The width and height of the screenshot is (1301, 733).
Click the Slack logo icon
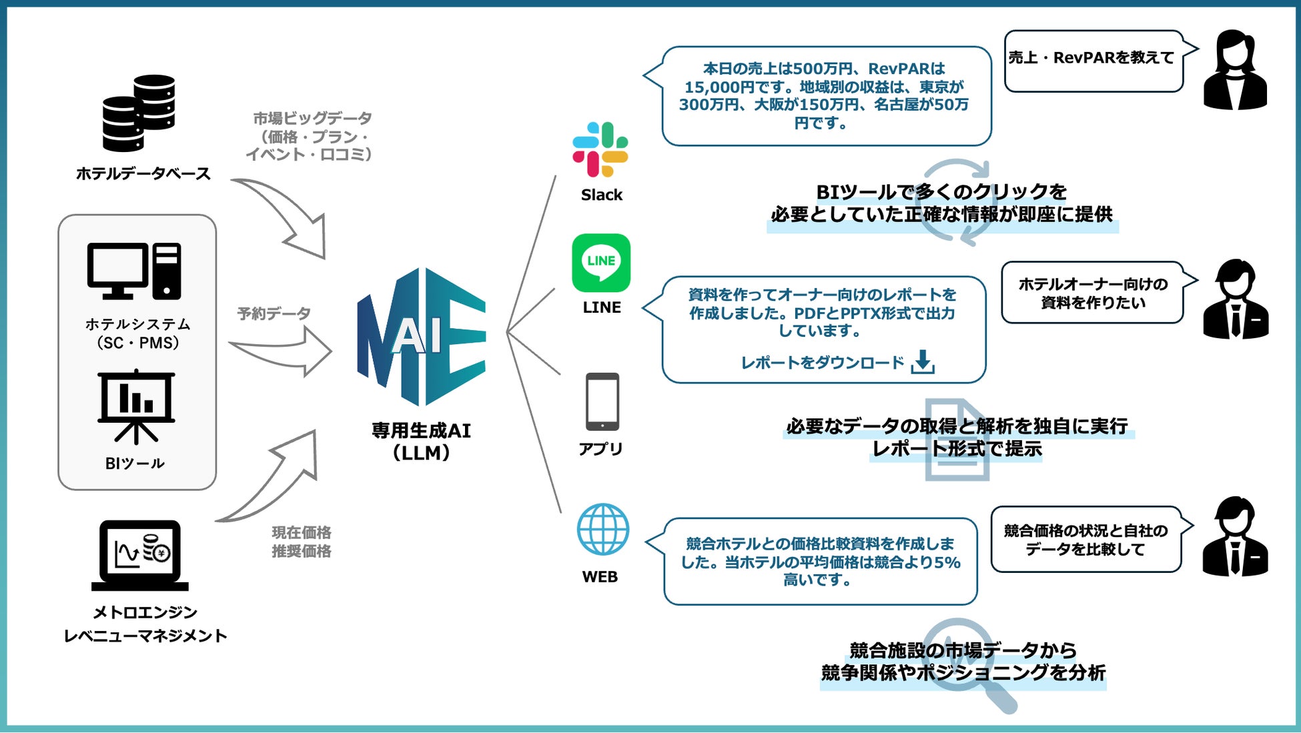600,149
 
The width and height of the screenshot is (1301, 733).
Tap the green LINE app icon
600,262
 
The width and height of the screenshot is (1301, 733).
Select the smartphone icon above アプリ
602,402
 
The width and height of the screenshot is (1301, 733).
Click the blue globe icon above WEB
602,529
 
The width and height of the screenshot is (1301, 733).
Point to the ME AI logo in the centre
421,336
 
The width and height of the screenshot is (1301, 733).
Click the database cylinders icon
139,113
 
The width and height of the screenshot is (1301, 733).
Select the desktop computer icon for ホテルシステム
134,271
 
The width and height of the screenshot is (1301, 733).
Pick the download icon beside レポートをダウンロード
923,361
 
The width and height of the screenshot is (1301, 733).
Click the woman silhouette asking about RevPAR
1235,70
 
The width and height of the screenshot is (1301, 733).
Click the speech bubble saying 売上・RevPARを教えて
1093,60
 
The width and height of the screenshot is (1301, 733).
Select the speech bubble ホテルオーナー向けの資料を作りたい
1092,293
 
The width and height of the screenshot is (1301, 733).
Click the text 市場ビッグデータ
312,119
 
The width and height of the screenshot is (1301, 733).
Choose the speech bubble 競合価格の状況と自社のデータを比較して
1086,540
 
